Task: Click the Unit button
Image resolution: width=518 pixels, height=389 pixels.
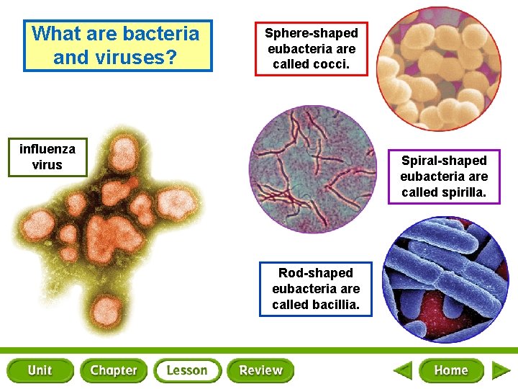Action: tap(40, 370)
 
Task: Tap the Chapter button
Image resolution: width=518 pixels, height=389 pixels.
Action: tap(114, 370)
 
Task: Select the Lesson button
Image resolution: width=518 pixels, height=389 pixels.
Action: tap(187, 370)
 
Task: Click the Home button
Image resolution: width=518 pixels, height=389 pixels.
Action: tap(451, 370)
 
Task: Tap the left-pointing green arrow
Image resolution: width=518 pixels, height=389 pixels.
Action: tap(403, 371)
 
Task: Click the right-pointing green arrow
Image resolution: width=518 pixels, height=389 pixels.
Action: tap(501, 371)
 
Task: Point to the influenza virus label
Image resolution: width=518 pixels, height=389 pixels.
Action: tap(47, 157)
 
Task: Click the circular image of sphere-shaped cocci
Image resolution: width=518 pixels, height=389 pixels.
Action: tap(440, 68)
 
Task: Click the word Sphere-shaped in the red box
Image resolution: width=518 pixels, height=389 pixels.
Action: tap(311, 33)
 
